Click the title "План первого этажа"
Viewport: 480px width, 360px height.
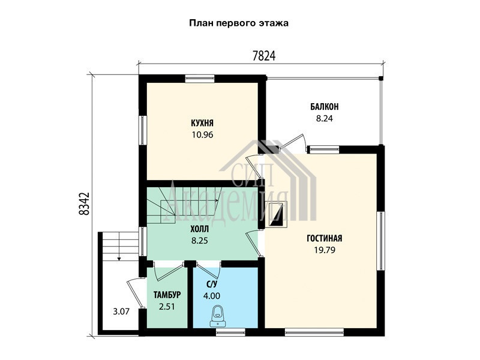tap(239, 23)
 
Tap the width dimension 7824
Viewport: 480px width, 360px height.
tap(264, 56)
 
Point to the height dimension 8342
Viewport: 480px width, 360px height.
tap(84, 203)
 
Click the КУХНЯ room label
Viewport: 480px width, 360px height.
tap(202, 123)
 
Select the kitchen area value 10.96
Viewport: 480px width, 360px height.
tap(202, 134)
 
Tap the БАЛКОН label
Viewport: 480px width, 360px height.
tap(325, 107)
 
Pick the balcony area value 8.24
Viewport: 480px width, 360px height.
tap(325, 118)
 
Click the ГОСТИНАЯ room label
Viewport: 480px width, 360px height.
tap(325, 238)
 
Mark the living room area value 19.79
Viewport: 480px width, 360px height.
tap(325, 250)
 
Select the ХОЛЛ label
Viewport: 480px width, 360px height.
tap(200, 229)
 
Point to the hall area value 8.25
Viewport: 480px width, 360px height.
tap(200, 241)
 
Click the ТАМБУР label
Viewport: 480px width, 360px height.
tap(167, 295)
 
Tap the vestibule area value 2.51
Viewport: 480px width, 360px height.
tap(167, 307)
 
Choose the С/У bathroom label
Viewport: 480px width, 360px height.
tap(212, 284)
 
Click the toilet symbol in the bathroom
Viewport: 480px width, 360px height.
tap(218, 316)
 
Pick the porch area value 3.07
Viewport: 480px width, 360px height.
tap(121, 311)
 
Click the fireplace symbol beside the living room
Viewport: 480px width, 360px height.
tap(278, 214)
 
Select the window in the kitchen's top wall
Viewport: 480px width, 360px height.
tap(200, 79)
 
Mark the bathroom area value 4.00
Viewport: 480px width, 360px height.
tap(212, 296)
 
